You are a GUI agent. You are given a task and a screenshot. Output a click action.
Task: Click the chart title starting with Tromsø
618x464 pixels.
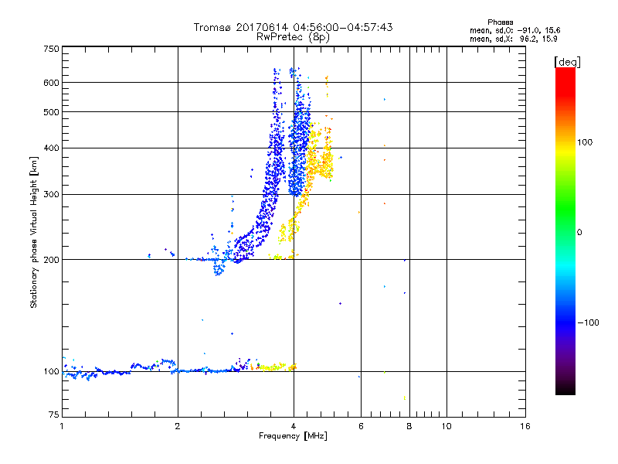tap(294, 27)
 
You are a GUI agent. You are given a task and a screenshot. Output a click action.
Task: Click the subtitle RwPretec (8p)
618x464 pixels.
tap(294, 36)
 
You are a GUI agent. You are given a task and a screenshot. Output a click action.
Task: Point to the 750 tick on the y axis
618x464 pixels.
tap(51, 49)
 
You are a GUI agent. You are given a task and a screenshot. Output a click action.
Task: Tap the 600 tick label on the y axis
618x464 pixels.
tap(51, 82)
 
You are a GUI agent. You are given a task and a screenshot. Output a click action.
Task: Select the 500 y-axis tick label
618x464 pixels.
tap(51, 111)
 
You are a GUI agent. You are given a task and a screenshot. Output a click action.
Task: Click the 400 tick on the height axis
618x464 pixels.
tap(51, 148)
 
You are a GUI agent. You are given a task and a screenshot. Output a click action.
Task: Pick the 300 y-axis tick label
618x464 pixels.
tap(51, 194)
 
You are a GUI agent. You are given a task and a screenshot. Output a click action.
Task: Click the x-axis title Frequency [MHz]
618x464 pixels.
tap(294, 437)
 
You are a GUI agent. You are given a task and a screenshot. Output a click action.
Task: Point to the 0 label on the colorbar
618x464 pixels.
tap(579, 232)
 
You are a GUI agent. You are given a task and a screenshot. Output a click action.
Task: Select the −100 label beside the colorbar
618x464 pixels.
tap(588, 322)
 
